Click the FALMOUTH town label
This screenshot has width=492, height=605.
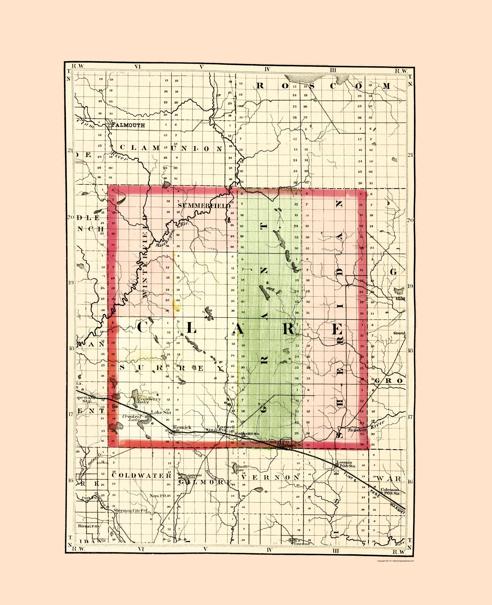[x=128, y=125]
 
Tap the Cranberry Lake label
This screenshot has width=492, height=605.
[x=149, y=400]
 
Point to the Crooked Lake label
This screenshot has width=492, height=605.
[x=131, y=418]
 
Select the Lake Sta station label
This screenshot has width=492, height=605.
[x=161, y=412]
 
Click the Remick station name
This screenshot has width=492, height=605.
[x=182, y=427]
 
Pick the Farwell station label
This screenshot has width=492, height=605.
[x=226, y=427]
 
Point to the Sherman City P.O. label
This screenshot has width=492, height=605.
[x=130, y=510]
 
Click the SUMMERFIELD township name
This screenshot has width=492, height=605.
[x=204, y=205]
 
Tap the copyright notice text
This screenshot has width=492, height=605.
[x=395, y=561]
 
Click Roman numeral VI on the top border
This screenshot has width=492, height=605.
[x=138, y=67]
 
